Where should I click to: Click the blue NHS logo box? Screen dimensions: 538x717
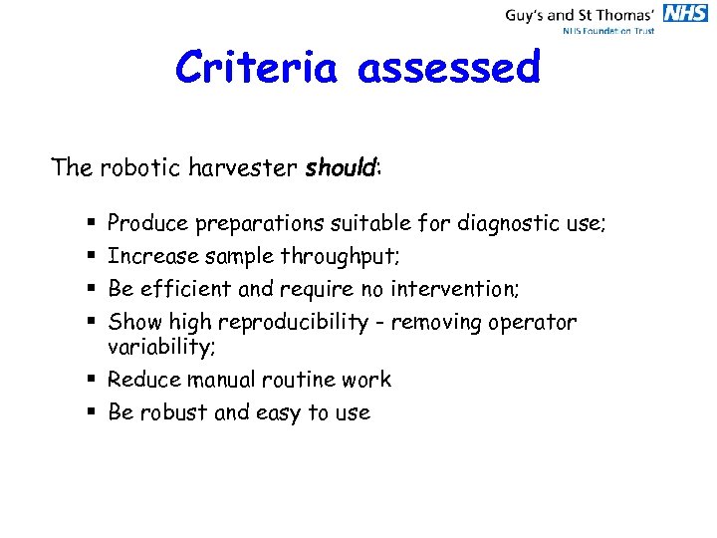point(685,13)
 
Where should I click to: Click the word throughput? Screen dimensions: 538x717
point(340,257)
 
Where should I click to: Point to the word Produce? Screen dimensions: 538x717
point(148,223)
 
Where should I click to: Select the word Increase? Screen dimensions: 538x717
point(152,257)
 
